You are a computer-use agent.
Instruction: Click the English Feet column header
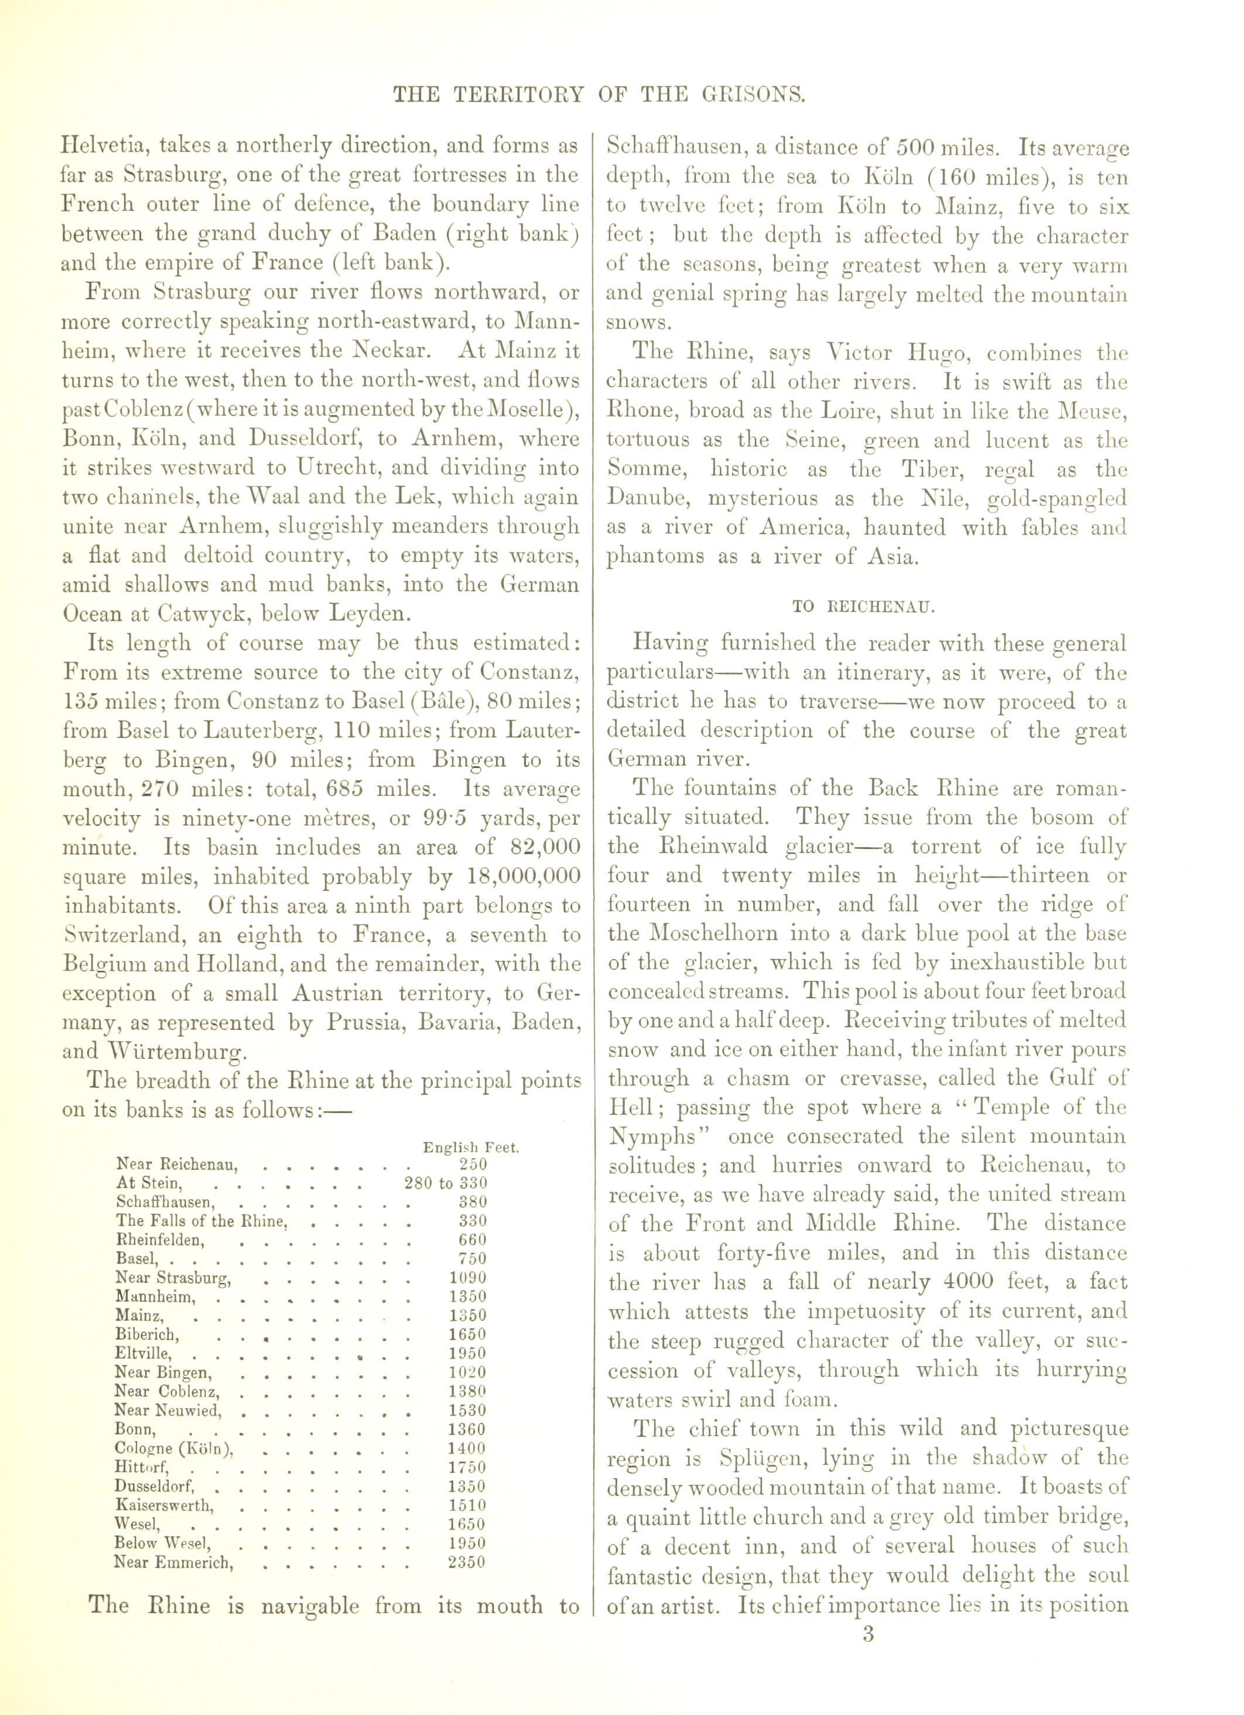(x=470, y=1147)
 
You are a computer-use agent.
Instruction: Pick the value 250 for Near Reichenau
(x=473, y=1165)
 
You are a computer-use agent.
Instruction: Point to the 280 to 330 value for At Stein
(x=446, y=1183)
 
